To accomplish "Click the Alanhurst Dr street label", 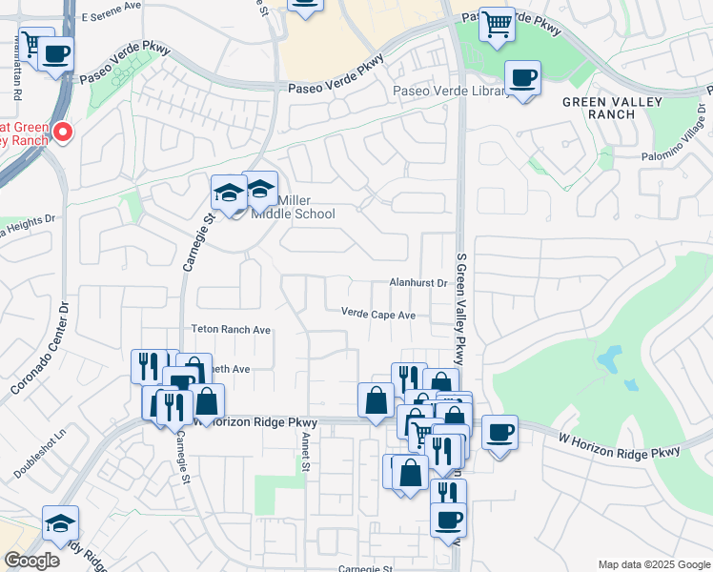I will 418,283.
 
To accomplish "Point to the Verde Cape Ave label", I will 378,314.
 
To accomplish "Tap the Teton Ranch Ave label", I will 232,330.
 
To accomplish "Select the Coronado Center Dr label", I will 41,348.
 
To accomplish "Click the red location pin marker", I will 63,133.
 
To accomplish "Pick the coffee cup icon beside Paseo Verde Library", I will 521,77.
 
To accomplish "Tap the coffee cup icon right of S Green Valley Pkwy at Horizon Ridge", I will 499,434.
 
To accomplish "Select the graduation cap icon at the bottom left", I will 60,523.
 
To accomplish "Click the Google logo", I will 31,561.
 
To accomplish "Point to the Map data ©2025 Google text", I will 653,564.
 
